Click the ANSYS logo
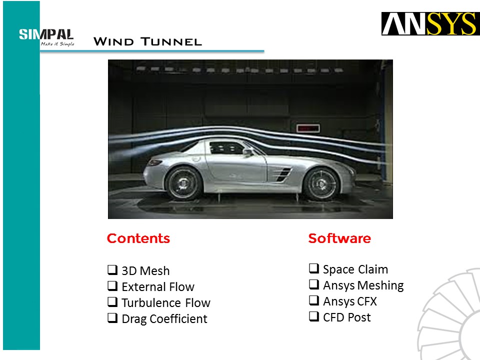(430, 23)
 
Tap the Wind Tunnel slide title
(147, 41)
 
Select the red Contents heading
(138, 238)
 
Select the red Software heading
(339, 238)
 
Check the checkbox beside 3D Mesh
(112, 269)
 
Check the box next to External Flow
(112, 285)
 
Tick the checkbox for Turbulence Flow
(112, 302)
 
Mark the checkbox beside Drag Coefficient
(112, 318)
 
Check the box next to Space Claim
(314, 268)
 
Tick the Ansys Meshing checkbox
(314, 284)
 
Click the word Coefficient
(178, 318)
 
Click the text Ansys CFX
(350, 301)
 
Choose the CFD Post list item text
(347, 317)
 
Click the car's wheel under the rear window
(183, 183)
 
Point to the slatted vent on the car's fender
(283, 174)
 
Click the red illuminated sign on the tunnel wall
(308, 128)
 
